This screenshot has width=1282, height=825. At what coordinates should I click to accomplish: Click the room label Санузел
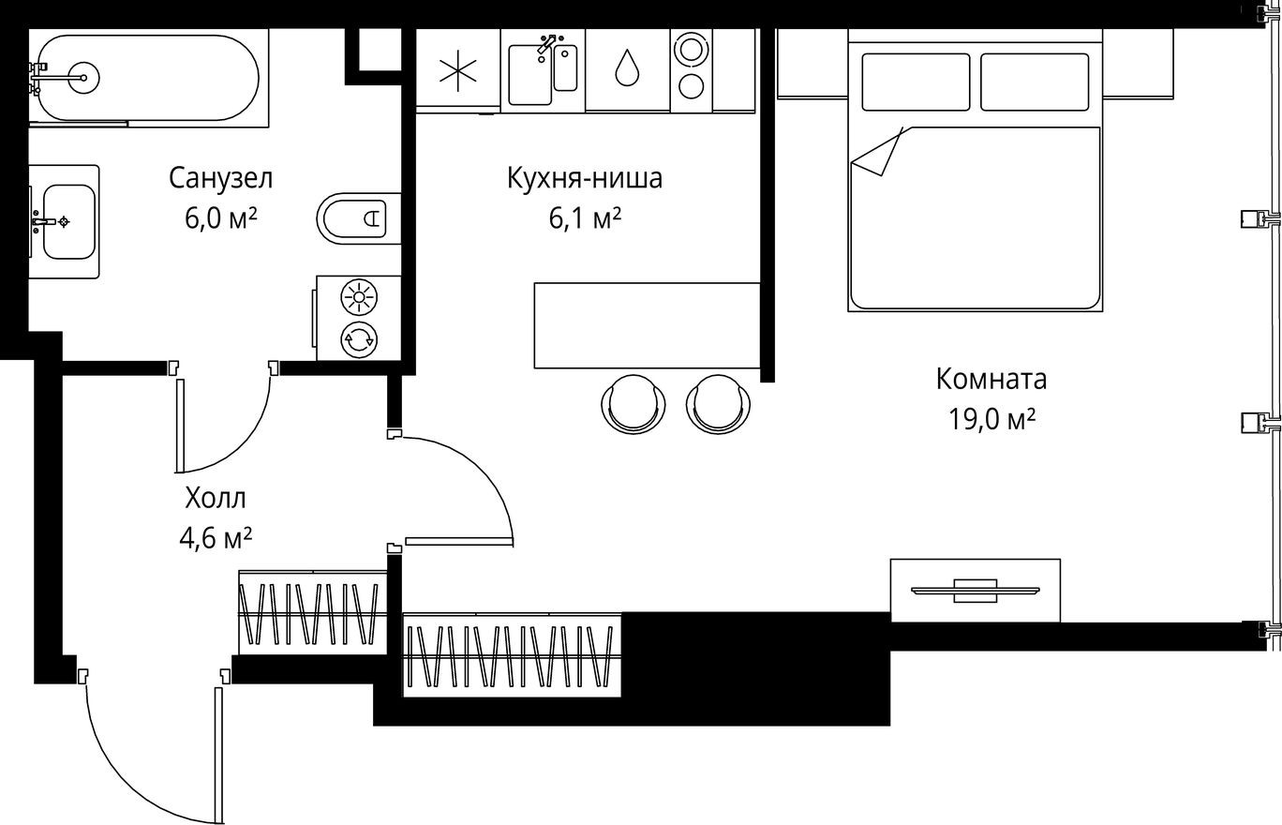(x=220, y=177)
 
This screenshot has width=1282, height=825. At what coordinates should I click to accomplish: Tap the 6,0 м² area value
(x=221, y=218)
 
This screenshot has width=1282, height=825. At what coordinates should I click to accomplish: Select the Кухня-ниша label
(x=585, y=178)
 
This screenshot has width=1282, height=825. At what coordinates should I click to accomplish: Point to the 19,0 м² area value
(x=991, y=419)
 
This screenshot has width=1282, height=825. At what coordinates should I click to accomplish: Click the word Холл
(x=216, y=497)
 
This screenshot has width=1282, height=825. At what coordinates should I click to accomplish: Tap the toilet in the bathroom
(x=356, y=218)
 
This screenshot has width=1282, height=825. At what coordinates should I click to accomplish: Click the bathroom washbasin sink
(x=68, y=221)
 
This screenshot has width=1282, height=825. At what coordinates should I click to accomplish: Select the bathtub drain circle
(x=84, y=78)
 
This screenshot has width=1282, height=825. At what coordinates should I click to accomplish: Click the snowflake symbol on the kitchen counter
(x=458, y=70)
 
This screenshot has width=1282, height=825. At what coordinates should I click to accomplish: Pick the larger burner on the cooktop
(x=692, y=49)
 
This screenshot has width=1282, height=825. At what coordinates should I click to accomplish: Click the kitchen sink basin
(x=529, y=75)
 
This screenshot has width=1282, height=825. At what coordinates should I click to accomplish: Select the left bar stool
(x=634, y=403)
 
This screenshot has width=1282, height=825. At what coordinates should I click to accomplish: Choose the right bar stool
(x=719, y=403)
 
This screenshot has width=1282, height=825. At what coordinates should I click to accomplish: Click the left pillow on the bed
(x=916, y=82)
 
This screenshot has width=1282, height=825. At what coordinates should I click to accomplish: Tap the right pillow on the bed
(x=1035, y=82)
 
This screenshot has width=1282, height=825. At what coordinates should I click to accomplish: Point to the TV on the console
(x=975, y=590)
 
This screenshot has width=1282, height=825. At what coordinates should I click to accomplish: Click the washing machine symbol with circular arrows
(x=359, y=339)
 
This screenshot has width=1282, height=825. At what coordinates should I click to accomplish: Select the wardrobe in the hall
(x=313, y=612)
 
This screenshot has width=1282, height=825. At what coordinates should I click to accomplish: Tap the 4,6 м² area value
(x=215, y=538)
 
